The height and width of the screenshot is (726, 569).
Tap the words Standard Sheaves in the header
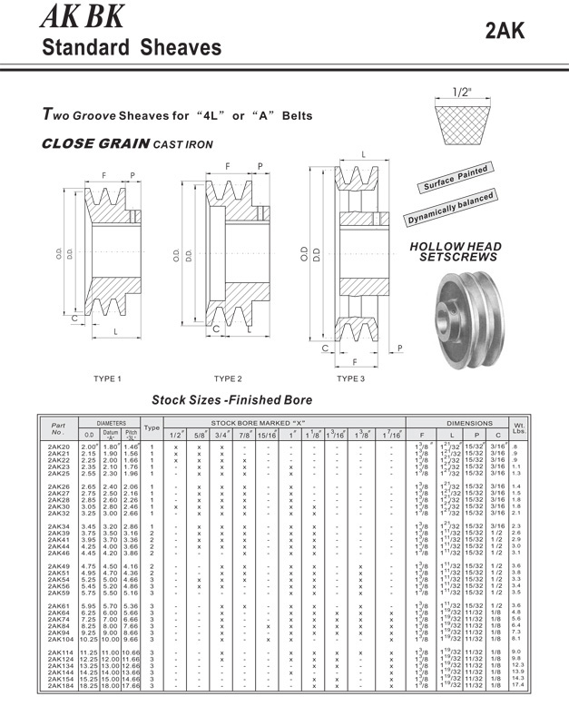point(132,47)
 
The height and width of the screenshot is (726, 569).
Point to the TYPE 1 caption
point(107,378)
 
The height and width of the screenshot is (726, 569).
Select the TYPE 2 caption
point(228,378)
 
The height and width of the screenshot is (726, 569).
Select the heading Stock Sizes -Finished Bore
point(231,399)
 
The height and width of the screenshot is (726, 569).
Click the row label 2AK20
point(58,447)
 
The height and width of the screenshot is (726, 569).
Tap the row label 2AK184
point(60,686)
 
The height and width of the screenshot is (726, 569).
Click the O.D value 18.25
point(89,686)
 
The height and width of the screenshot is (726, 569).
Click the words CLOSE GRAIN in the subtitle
point(95,143)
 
